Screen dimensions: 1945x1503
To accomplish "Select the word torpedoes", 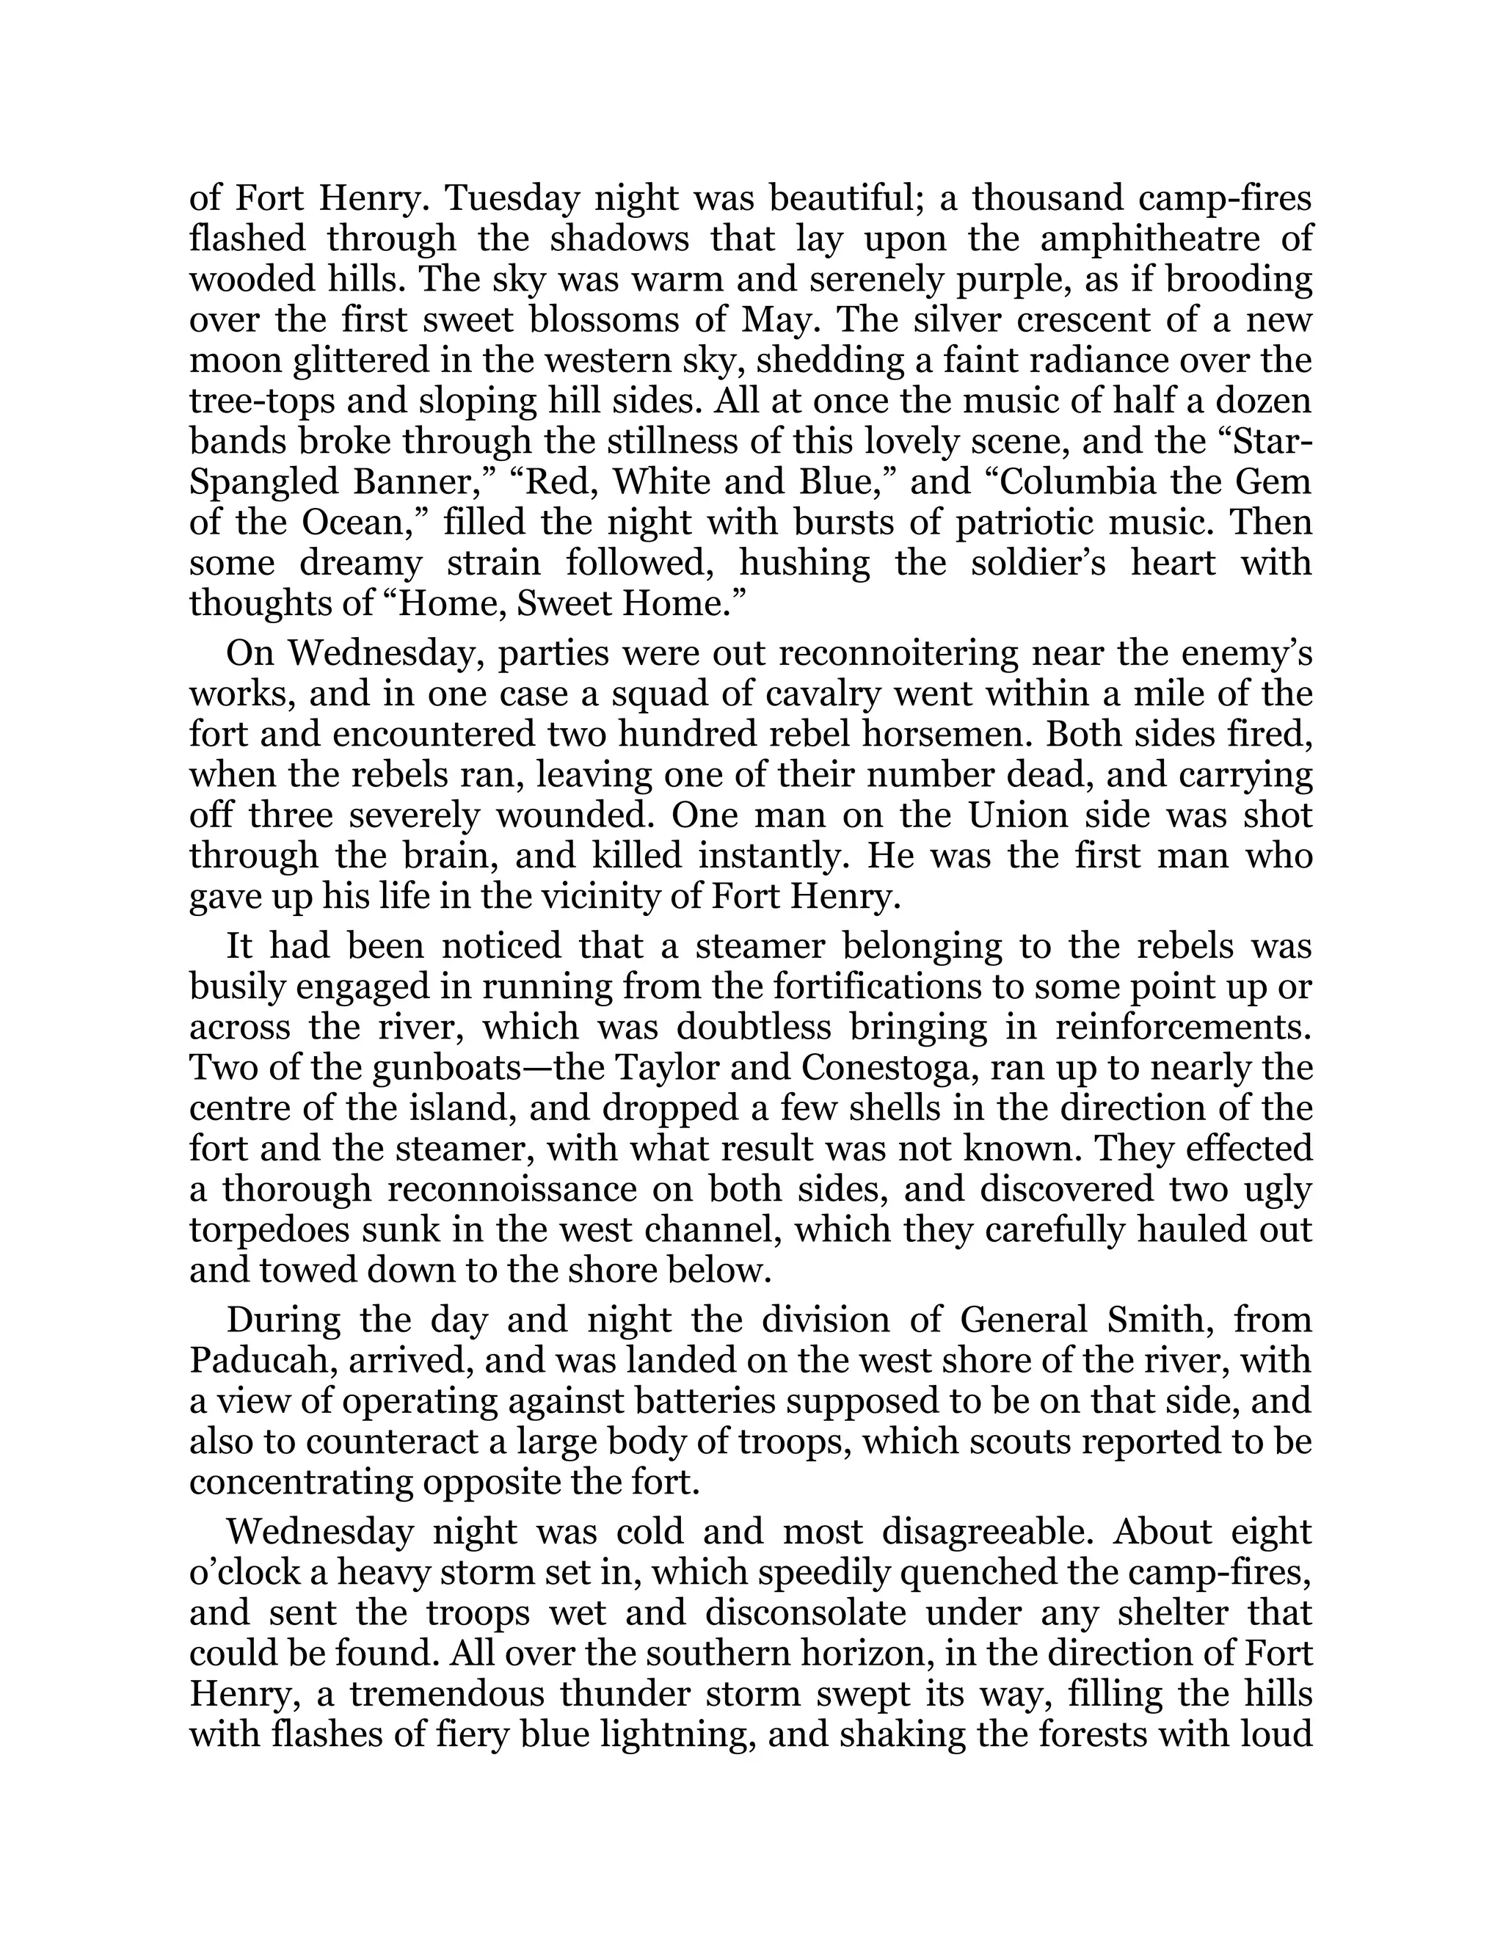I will click(272, 1230).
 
